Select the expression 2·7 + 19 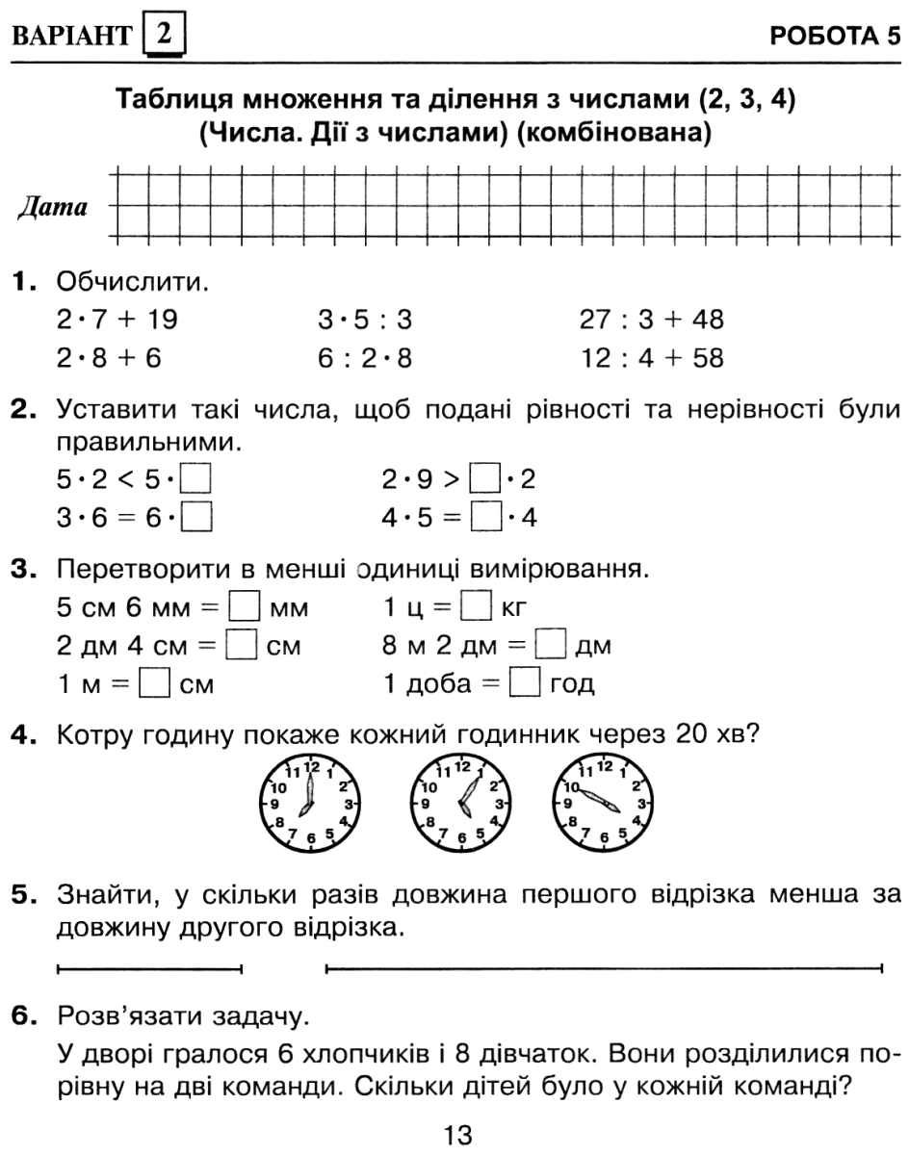[117, 320]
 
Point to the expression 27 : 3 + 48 [652, 320]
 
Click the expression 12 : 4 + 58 [652, 358]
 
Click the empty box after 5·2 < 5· [197, 478]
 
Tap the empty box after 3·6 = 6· [197, 518]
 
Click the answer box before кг [476, 607]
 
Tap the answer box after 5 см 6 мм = [247, 607]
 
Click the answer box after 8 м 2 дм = [549, 646]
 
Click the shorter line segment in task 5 [149, 967]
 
